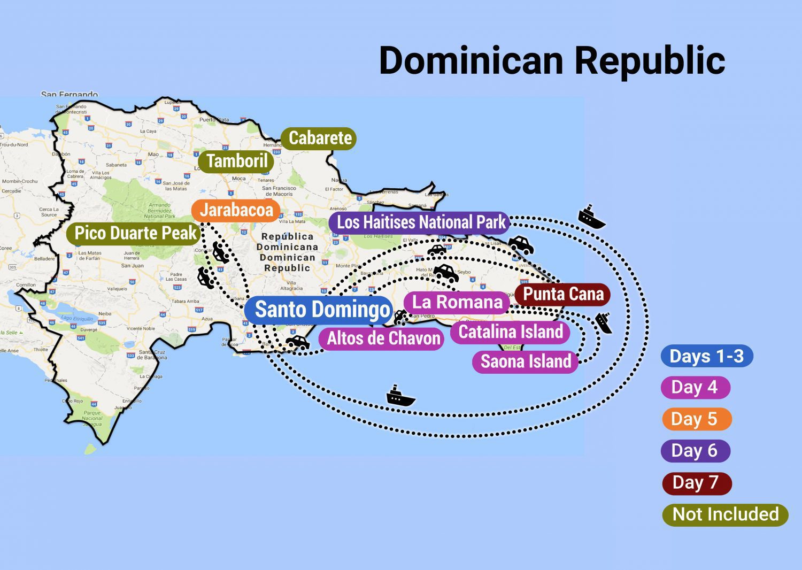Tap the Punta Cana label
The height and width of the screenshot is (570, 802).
(562, 294)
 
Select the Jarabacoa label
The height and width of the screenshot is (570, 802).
(236, 210)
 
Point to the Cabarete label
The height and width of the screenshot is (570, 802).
(319, 138)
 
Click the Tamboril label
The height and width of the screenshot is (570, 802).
(236, 161)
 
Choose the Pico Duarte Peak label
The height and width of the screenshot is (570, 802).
(135, 233)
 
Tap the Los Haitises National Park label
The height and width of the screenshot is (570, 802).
(421, 222)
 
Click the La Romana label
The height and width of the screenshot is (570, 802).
(457, 302)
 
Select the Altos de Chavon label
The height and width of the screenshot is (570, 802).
(383, 338)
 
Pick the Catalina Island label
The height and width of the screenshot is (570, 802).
(510, 332)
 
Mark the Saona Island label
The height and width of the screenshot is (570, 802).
(526, 361)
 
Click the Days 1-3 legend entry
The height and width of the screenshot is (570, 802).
(706, 356)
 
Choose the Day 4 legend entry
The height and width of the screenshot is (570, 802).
(695, 387)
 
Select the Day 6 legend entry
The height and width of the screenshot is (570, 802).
(695, 451)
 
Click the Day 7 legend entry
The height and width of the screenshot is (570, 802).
(696, 483)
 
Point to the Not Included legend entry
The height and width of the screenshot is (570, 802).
(725, 514)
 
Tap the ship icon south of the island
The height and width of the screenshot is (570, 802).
(400, 396)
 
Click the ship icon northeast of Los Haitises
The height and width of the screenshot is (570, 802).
(591, 217)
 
